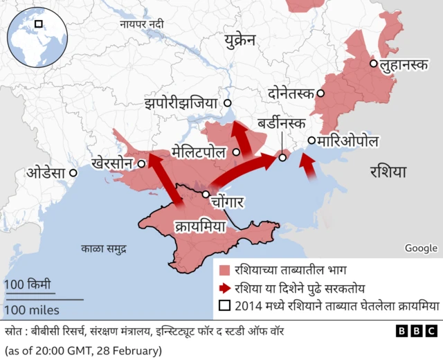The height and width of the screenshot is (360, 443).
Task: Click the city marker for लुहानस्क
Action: click(374, 64)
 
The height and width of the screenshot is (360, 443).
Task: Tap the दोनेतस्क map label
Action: click(291, 93)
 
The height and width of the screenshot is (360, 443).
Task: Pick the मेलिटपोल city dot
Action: click(237, 152)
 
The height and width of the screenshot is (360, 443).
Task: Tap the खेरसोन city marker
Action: click(141, 164)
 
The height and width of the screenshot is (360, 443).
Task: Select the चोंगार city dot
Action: click(206, 195)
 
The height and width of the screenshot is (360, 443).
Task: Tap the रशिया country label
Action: click(388, 171)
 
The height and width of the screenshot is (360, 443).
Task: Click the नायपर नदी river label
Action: click(142, 24)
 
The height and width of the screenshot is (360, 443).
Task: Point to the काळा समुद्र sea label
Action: click(103, 248)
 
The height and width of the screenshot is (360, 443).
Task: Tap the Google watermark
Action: click(421, 248)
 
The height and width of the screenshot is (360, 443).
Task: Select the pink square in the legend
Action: click(224, 270)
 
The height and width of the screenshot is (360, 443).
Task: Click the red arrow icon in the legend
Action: click(224, 287)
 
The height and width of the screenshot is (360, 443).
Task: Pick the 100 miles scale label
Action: click(32, 309)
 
